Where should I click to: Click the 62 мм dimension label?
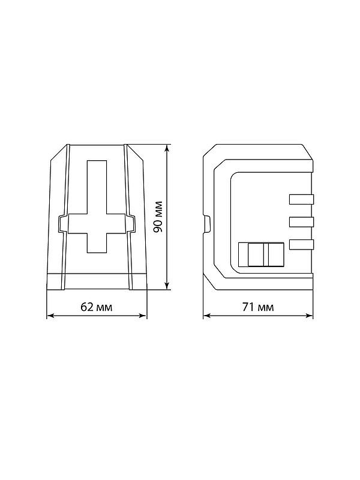97,307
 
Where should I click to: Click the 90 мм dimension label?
158,217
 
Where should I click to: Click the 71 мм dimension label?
258,307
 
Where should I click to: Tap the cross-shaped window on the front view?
97,206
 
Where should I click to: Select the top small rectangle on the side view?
302,199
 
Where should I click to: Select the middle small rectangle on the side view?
302,221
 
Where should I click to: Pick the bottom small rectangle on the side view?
302,244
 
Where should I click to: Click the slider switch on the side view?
261,254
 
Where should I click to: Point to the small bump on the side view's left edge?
207,224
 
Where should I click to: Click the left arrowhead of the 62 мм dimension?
50,316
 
